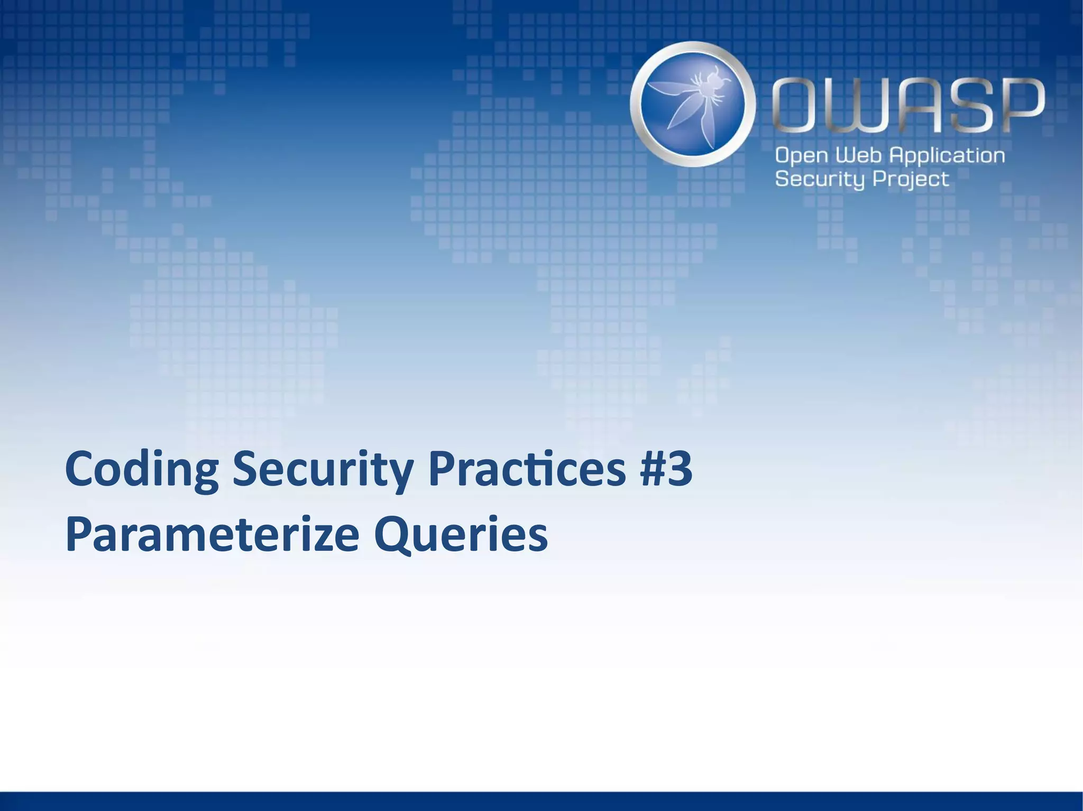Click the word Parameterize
coord(212,535)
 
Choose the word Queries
coord(461,535)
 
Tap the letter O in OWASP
coord(798,106)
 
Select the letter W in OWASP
coord(854,106)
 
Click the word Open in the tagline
coord(801,156)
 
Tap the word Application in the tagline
coord(947,156)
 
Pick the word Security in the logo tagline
coord(820,180)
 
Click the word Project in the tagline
coord(911,180)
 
